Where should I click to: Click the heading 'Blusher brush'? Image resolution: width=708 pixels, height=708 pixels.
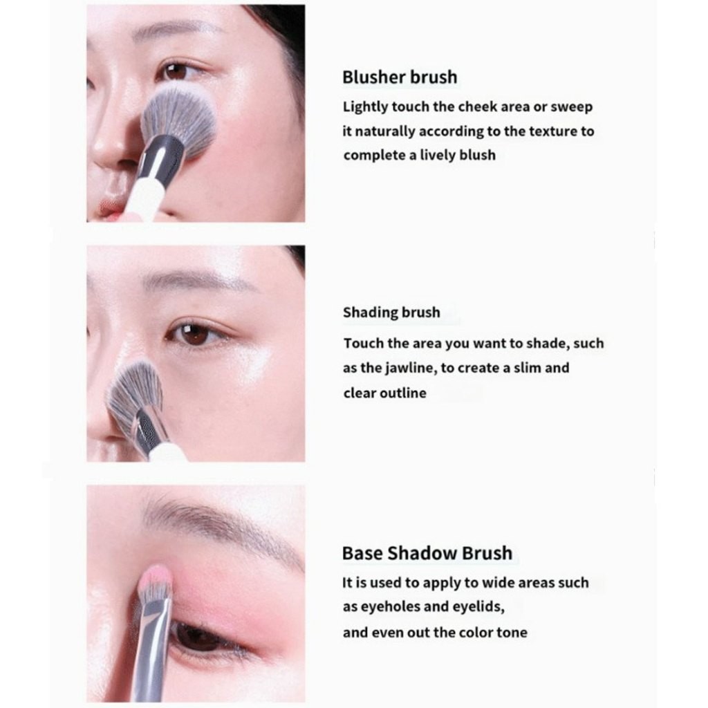(400, 77)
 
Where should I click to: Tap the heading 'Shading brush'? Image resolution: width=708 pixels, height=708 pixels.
(391, 312)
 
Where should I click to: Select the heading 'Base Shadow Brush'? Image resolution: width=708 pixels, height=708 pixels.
(427, 552)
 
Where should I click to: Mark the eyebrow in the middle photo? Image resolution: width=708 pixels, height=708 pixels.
(198, 279)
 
